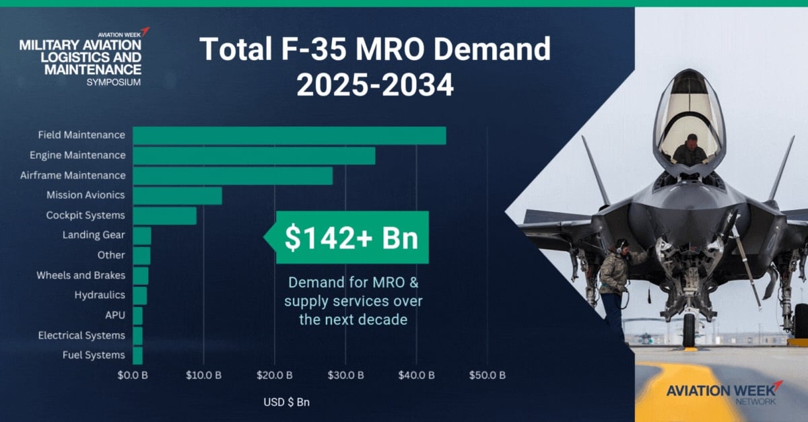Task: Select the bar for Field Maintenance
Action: pos(289,135)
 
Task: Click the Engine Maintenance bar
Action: pos(254,155)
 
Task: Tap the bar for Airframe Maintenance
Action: pos(232,176)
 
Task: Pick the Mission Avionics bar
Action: pos(177,195)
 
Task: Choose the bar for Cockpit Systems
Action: pos(164,215)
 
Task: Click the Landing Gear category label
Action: pos(94,236)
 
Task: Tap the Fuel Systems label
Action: pos(94,355)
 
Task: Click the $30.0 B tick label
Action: pos(345,375)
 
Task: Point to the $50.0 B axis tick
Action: pos(487,375)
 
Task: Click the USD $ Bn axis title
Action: pos(286,402)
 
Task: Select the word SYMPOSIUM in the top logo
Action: pos(114,81)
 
